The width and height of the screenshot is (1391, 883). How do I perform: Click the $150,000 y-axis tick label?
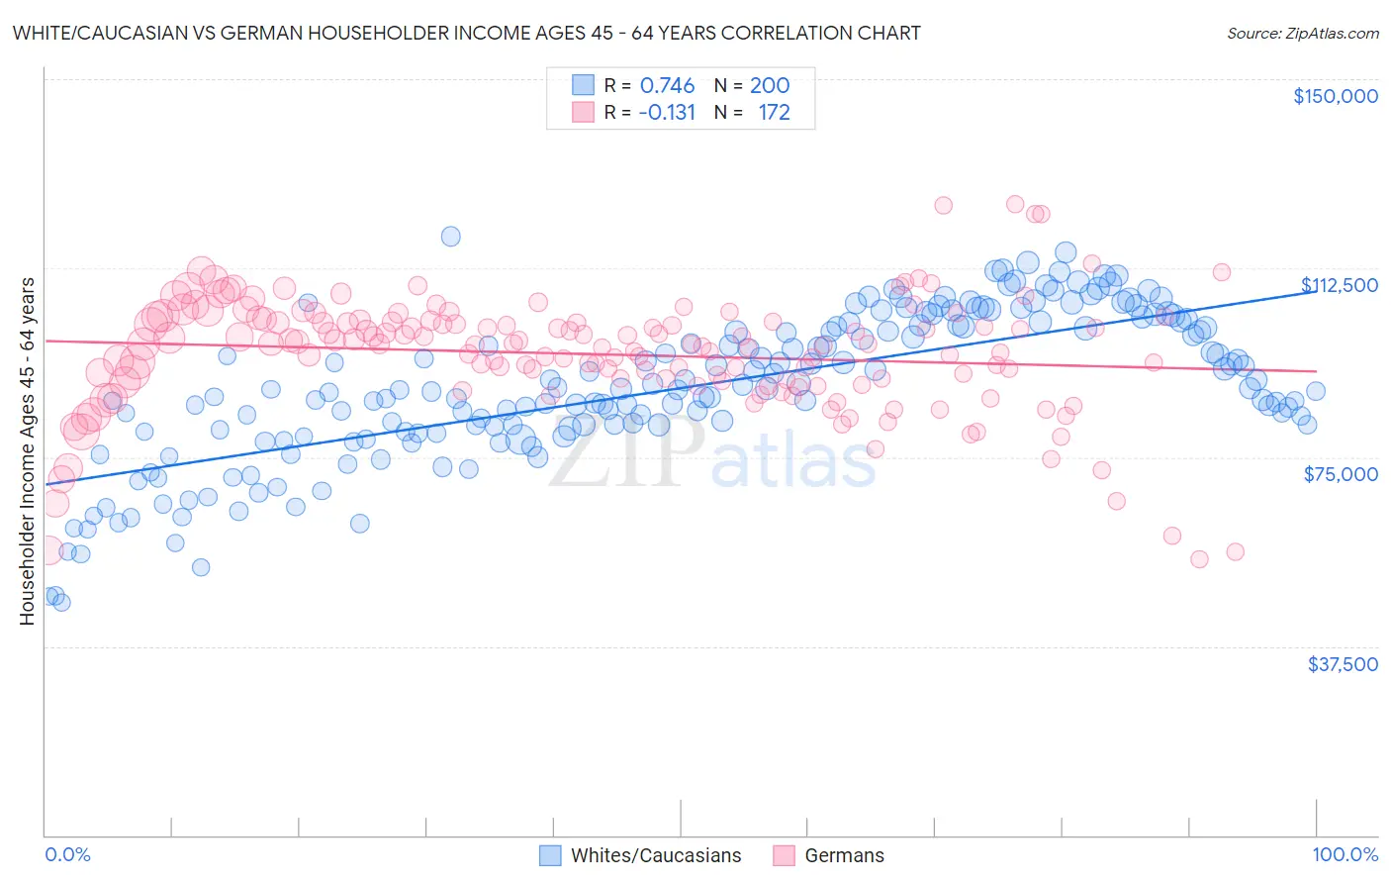pos(1335,96)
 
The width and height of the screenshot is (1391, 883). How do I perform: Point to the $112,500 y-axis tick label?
pos(1339,285)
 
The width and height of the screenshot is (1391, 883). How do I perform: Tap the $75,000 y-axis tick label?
pos(1341,474)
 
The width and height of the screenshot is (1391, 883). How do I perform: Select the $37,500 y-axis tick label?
pos(1343,664)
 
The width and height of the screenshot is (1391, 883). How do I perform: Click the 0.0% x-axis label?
pos(67,855)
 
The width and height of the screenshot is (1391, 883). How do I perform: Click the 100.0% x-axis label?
pos(1345,855)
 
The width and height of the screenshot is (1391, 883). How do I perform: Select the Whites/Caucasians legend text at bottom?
pos(656,856)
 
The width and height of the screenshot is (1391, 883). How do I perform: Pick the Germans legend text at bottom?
pos(844,856)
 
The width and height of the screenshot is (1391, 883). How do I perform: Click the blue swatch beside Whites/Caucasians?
pos(550,856)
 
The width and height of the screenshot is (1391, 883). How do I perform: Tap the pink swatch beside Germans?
pos(785,856)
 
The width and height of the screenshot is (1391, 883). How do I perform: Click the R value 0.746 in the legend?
pos(667,86)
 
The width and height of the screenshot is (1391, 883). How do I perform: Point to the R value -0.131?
pos(667,113)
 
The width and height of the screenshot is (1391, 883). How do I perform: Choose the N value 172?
pos(774,113)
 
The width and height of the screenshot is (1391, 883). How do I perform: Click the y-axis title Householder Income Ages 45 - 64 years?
pos(27,451)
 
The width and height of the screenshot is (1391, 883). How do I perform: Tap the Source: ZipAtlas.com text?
pos(1302,34)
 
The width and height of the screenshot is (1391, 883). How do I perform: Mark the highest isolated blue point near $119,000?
pos(450,236)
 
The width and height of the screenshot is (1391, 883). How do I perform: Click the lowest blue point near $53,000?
pos(201,567)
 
